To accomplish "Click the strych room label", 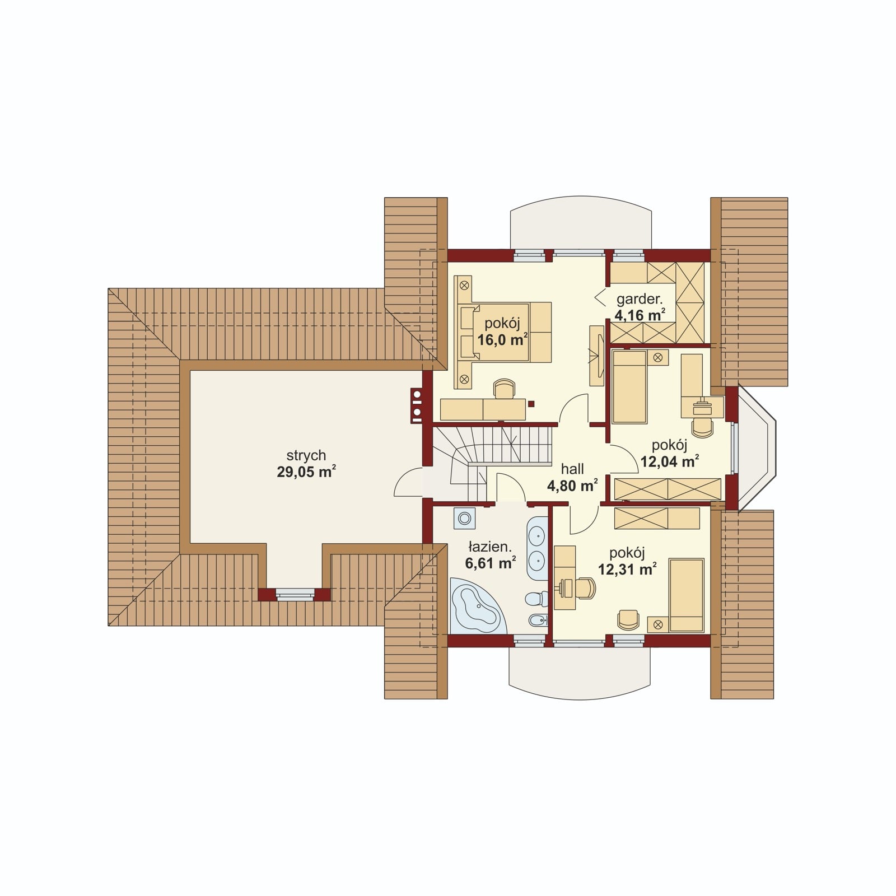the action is point(306,456).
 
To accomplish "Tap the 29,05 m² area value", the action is point(306,472).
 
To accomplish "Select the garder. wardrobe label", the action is point(640,298).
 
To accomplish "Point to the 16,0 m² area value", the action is point(503,339).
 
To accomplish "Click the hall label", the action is point(572,469).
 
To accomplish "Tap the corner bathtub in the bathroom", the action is point(477,606).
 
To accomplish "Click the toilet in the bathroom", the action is point(536,599).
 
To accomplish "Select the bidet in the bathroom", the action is point(538,621).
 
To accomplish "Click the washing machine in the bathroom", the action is point(465,519).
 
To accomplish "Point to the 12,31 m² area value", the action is point(627,570).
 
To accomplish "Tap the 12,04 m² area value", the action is point(669,461).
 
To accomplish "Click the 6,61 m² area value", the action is point(490,563).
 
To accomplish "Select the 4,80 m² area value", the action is point(572,486).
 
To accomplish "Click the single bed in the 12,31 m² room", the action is point(687,595).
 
